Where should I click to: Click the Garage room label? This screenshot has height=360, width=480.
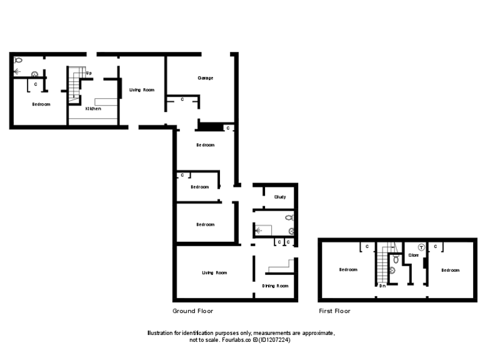(206, 78)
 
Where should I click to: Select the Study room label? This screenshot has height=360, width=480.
(280, 197)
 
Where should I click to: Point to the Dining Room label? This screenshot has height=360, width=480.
(275, 286)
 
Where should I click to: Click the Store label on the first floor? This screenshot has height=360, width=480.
(413, 255)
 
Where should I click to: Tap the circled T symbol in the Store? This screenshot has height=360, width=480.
(421, 247)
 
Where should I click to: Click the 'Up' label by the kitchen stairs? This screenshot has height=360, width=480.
(89, 73)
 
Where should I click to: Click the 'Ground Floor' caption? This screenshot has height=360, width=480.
(192, 311)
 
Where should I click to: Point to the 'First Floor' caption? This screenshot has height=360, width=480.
(334, 311)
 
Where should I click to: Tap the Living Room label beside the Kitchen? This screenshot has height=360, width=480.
(142, 90)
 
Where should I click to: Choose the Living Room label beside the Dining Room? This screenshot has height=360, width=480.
(214, 272)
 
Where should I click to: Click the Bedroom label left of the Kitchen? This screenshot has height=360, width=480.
(41, 104)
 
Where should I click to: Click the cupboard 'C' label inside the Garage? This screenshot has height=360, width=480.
(182, 99)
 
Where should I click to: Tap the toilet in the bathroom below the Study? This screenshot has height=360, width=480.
(289, 217)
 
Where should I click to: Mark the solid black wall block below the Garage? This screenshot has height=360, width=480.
(210, 127)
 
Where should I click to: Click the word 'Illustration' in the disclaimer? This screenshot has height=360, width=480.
(161, 333)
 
